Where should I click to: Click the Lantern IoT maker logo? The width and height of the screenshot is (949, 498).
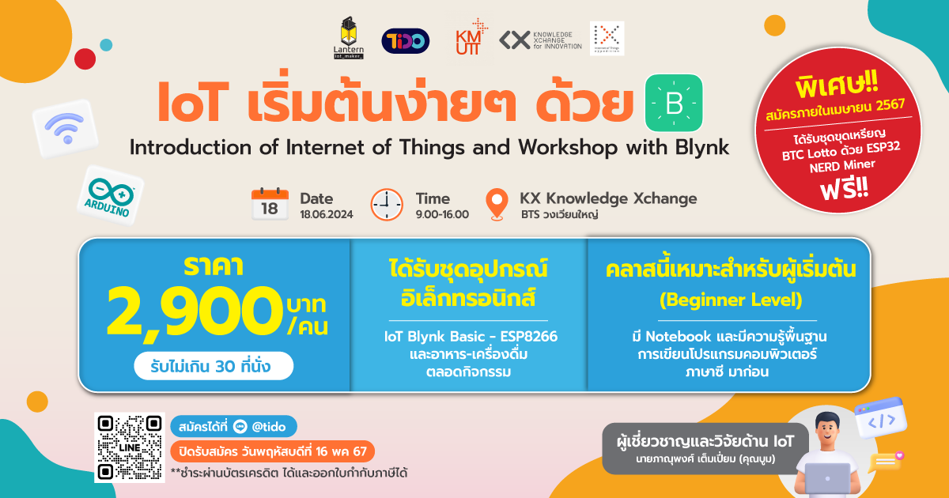[x=348, y=38]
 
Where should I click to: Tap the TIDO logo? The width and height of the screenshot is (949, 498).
[x=406, y=41]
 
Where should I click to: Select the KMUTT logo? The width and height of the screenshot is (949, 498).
[x=471, y=37]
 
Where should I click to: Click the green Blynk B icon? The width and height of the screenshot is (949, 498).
[x=674, y=103]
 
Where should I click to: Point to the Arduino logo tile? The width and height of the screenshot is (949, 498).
[x=111, y=195]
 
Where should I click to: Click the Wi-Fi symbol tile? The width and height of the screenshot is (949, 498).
[x=66, y=128]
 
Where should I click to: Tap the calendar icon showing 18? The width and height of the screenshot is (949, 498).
[x=270, y=204]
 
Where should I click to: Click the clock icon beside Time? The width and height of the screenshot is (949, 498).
[x=387, y=205]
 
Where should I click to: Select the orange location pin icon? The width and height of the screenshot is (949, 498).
[x=497, y=205]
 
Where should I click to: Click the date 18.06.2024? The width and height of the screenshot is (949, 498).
[x=326, y=215]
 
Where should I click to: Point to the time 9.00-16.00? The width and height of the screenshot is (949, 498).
[x=442, y=215]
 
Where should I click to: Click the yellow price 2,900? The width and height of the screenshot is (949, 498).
[x=194, y=312]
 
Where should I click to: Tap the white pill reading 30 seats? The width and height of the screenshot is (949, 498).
[x=214, y=366]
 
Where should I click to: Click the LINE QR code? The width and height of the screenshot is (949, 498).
[x=130, y=447]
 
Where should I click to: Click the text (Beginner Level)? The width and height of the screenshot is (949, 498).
[x=731, y=300]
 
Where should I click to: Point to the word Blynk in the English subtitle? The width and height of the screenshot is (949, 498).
[x=702, y=148]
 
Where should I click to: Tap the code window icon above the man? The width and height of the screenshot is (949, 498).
[x=881, y=418]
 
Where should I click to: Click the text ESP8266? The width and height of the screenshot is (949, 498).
[x=529, y=337]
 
